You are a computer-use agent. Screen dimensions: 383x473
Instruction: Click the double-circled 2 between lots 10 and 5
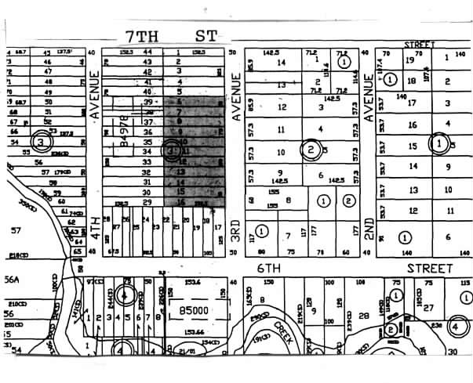click(311, 150)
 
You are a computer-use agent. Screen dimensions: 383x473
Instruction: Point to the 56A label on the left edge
click(11, 279)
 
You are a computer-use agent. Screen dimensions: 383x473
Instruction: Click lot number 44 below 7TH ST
click(146, 52)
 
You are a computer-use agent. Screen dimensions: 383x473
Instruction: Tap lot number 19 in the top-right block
click(409, 60)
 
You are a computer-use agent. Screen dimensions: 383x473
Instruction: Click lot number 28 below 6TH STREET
click(363, 315)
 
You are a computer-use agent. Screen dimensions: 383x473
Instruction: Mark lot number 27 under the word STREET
click(428, 308)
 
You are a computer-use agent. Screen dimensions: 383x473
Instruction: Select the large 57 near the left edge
click(14, 230)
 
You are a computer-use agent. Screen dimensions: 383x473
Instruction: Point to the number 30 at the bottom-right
click(451, 353)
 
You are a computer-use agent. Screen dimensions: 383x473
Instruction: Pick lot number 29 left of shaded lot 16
click(146, 202)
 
